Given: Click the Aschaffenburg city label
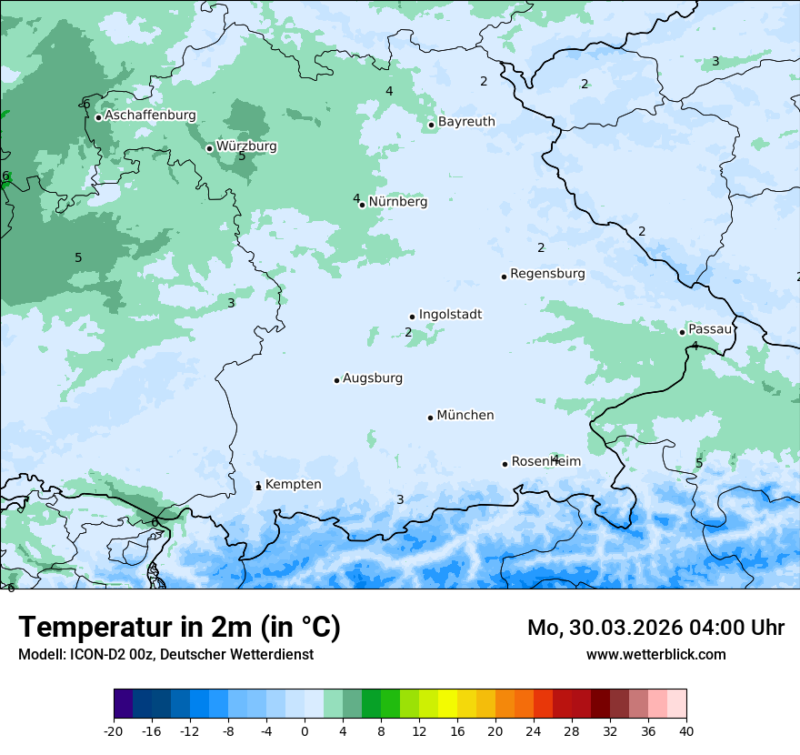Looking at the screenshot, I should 150,116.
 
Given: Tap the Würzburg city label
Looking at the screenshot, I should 246,146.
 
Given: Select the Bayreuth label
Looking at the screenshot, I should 466,122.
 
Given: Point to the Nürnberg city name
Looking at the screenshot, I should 397,202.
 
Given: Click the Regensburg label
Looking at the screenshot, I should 547,274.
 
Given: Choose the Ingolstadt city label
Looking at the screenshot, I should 450,315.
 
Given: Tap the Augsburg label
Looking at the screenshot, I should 373,378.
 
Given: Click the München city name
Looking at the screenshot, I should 465,416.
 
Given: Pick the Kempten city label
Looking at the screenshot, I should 293,485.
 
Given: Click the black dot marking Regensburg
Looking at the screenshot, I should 504,277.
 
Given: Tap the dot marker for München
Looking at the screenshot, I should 430,418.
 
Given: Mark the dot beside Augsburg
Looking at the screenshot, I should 336,380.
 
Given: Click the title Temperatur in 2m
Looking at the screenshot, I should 179,628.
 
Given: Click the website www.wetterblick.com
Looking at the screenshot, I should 655,655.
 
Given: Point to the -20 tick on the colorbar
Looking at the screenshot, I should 114,730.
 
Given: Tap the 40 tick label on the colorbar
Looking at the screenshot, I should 685,730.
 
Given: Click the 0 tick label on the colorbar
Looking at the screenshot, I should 305,730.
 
